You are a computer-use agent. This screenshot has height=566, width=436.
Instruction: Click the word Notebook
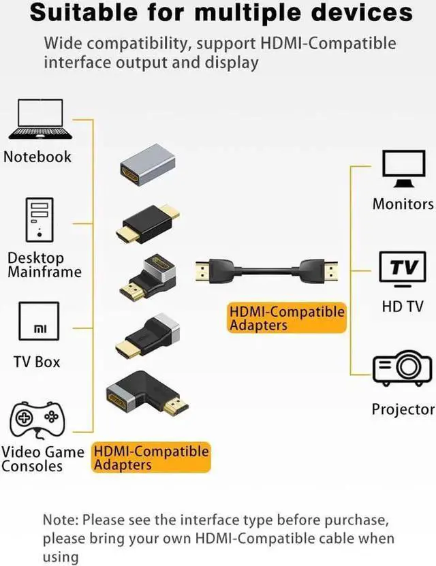click(x=37, y=157)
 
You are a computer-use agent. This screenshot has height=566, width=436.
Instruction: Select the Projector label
click(x=403, y=409)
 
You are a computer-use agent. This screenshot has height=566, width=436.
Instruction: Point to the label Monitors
click(x=403, y=204)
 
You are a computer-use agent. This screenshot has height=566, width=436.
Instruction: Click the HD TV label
click(x=403, y=306)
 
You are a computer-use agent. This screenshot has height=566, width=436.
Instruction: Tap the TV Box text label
click(x=37, y=362)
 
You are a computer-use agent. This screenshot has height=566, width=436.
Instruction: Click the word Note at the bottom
click(x=59, y=520)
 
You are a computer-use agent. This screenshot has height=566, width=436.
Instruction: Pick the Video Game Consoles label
click(x=42, y=459)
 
